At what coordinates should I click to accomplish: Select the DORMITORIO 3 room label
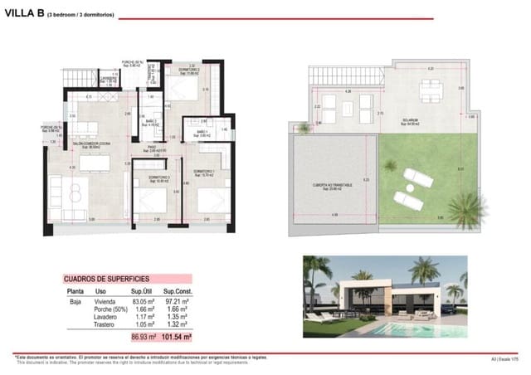[159, 178]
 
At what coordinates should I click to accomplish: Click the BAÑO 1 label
[202, 133]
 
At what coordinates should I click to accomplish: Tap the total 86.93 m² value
[144, 338]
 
